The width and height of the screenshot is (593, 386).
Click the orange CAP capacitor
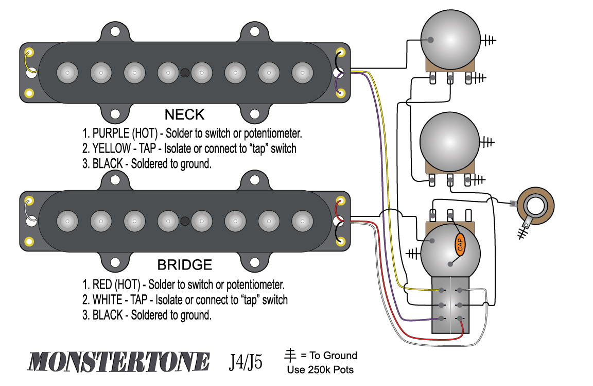click(x=460, y=244)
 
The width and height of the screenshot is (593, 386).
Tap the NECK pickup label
click(x=184, y=114)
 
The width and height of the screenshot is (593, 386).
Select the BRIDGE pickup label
click(x=184, y=265)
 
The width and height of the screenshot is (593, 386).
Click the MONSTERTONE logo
click(x=119, y=361)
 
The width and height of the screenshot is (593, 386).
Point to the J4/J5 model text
click(x=246, y=362)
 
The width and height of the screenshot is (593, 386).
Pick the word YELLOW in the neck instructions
click(x=111, y=149)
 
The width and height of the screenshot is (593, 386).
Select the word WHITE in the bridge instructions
click(x=108, y=300)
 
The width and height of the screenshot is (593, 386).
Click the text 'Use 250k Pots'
click(x=320, y=370)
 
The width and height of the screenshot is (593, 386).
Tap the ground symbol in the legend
click(x=291, y=355)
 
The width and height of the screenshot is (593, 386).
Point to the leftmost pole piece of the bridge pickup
click(x=67, y=222)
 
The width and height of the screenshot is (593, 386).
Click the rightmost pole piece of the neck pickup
click(x=302, y=73)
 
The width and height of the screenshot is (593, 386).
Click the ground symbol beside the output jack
click(x=524, y=233)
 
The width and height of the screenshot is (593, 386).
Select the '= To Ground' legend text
click(x=329, y=356)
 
